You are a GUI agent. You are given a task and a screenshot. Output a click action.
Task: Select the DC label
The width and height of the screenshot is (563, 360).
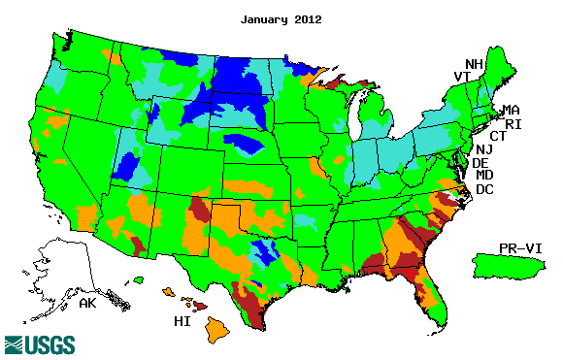484,188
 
